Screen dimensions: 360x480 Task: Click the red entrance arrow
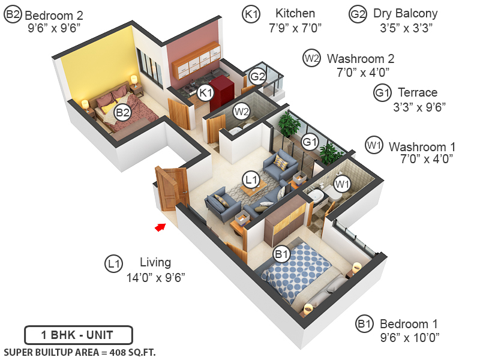(x=160, y=227)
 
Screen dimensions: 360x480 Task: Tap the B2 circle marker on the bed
(x=122, y=112)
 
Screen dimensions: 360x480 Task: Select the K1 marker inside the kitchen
(x=206, y=92)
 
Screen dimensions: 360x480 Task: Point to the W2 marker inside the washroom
(x=242, y=111)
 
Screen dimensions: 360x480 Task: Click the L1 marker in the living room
(x=250, y=179)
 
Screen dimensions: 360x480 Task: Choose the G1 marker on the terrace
(x=310, y=142)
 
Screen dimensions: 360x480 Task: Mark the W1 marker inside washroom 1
(x=341, y=184)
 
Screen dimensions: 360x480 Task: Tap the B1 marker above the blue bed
(x=282, y=254)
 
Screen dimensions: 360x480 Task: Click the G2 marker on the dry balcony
(x=257, y=77)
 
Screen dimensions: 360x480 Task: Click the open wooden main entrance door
(x=171, y=188)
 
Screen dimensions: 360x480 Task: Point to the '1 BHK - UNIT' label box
(x=78, y=335)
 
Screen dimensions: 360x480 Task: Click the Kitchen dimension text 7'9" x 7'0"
(x=295, y=28)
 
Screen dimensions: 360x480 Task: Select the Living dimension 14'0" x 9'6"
(x=155, y=278)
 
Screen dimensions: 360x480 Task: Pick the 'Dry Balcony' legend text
(x=405, y=13)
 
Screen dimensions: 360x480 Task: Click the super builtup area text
(x=80, y=352)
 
